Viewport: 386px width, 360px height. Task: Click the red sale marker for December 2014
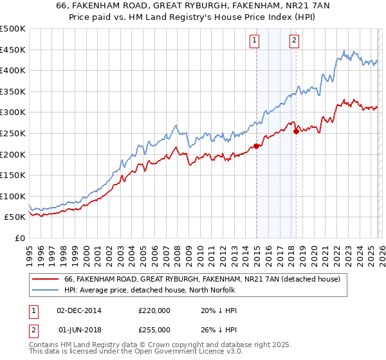tap(256, 146)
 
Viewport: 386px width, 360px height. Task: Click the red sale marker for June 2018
tap(296, 131)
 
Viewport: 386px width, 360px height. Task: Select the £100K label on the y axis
tap(13, 196)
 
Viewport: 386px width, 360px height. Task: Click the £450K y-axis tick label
tap(13, 50)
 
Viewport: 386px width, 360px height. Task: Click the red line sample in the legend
tap(46, 279)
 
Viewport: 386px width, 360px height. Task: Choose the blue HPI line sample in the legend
tap(46, 290)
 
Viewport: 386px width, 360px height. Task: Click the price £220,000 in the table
tap(154, 310)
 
